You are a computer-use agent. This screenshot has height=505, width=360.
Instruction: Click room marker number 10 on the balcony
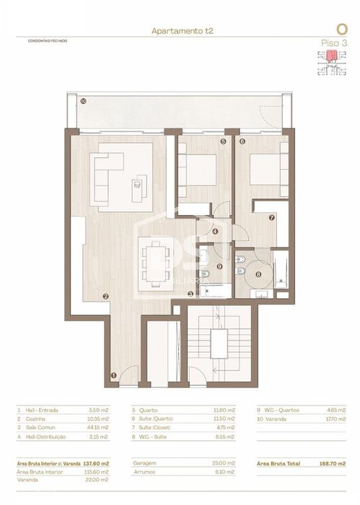(x=84, y=102)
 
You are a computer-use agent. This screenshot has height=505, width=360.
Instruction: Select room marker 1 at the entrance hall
(x=113, y=374)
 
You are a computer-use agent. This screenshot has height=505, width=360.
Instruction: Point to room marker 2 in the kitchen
(x=105, y=296)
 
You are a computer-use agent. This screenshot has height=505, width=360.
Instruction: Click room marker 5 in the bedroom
(x=224, y=142)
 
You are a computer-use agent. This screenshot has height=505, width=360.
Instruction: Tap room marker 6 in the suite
(x=242, y=142)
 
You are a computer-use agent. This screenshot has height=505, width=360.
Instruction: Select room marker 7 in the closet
(x=272, y=216)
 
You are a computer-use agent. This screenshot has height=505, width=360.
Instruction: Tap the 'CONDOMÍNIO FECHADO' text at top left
(x=42, y=41)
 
